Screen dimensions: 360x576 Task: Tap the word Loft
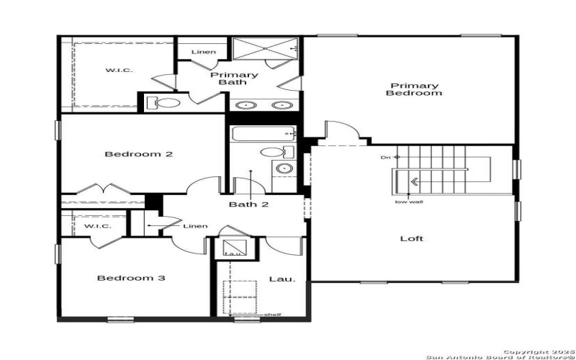(x=412, y=238)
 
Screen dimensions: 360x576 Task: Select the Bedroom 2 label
(x=138, y=154)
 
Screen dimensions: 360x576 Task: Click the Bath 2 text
(x=248, y=204)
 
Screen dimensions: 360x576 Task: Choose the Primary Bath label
(x=233, y=78)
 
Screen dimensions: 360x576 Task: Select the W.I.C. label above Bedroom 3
(x=96, y=226)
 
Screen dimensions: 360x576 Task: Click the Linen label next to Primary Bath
(x=202, y=52)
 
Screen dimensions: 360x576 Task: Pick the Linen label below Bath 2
(x=195, y=226)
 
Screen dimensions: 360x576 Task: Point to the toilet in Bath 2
(x=274, y=152)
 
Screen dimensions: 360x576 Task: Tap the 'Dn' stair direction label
(x=386, y=156)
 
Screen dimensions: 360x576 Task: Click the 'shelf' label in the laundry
(x=273, y=315)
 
